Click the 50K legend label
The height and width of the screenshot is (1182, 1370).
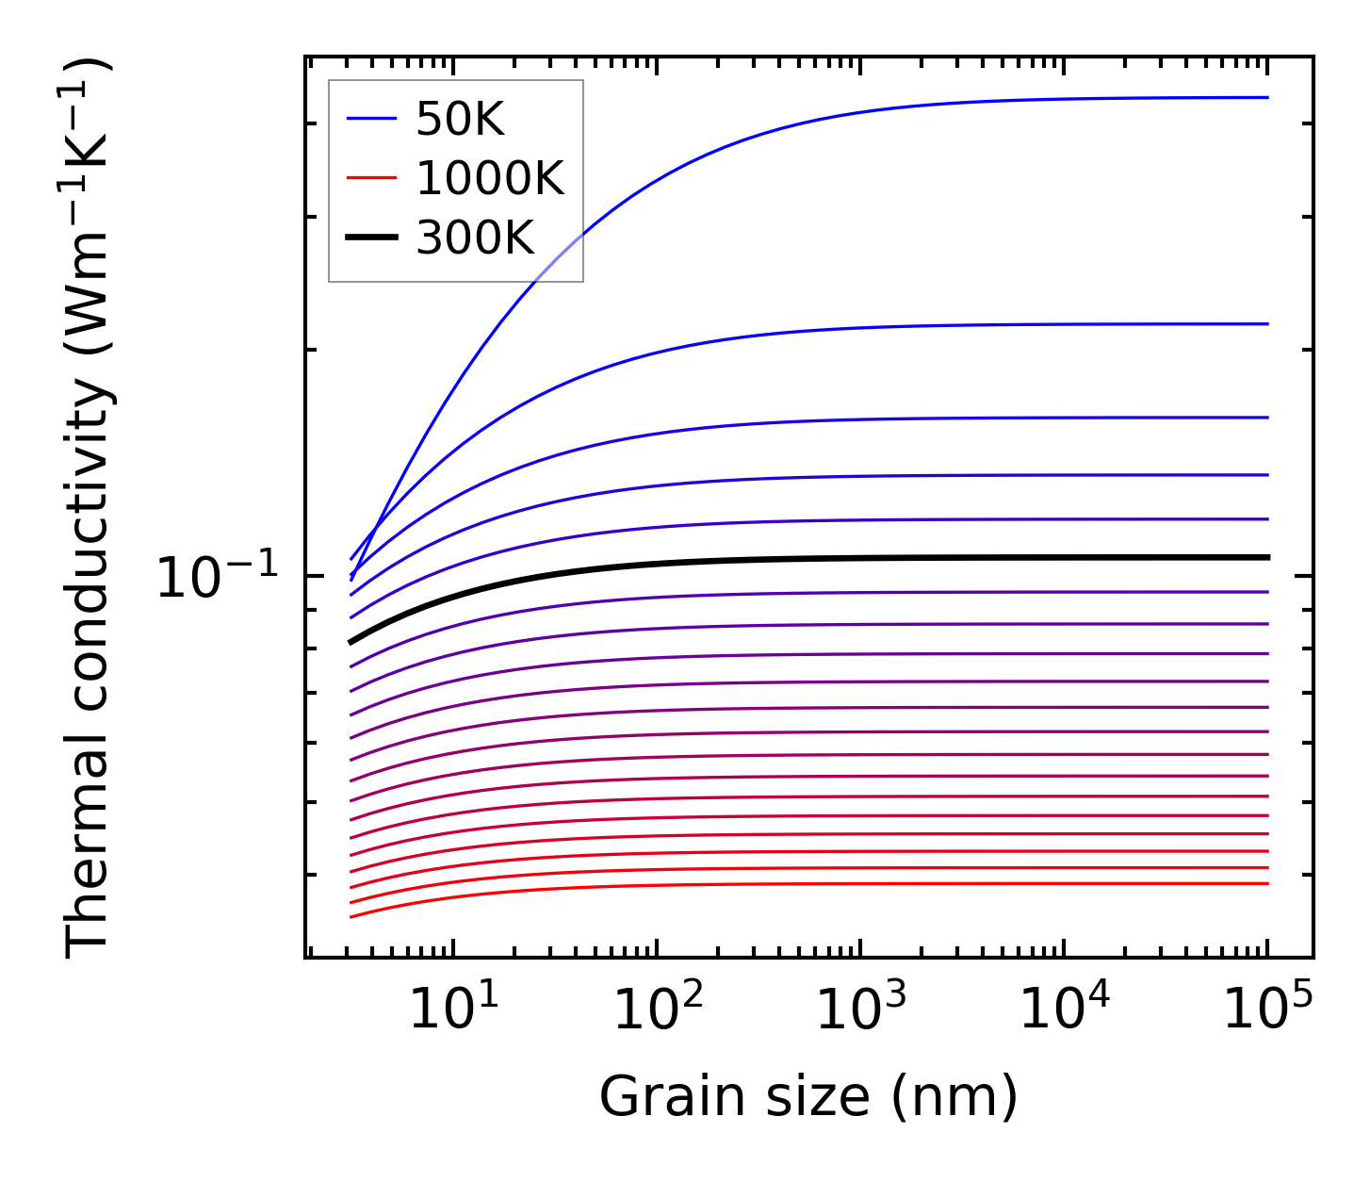(460, 120)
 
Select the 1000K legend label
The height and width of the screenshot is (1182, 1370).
(489, 178)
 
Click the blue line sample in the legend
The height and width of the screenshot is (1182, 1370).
(372, 119)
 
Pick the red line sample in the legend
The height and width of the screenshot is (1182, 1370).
(372, 178)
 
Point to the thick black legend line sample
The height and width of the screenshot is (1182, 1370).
(372, 238)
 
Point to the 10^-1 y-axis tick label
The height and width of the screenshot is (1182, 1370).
(218, 577)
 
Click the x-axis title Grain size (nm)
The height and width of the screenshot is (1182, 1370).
(808, 1097)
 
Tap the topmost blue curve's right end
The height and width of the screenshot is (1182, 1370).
(1267, 97)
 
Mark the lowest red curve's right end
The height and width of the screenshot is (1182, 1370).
(1267, 883)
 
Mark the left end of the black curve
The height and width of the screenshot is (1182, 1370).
(351, 642)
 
